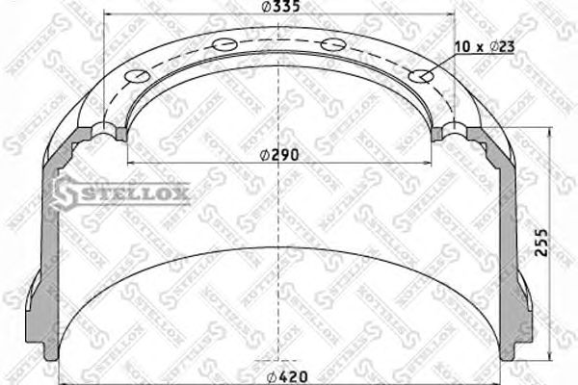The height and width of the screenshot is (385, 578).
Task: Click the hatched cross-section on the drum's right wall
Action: pos(508,241)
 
